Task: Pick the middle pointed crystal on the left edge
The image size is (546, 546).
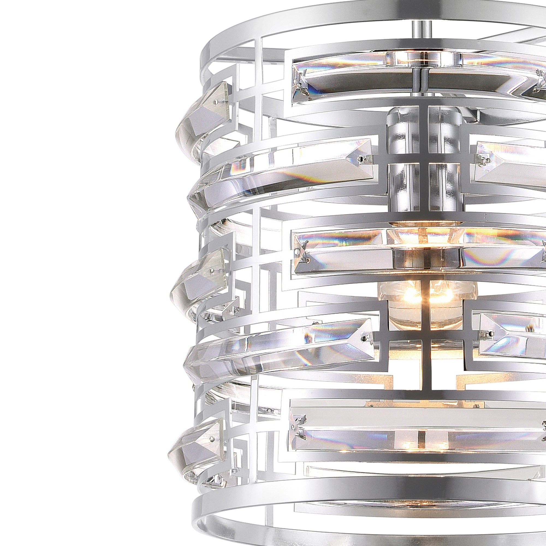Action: pos(198,275)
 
